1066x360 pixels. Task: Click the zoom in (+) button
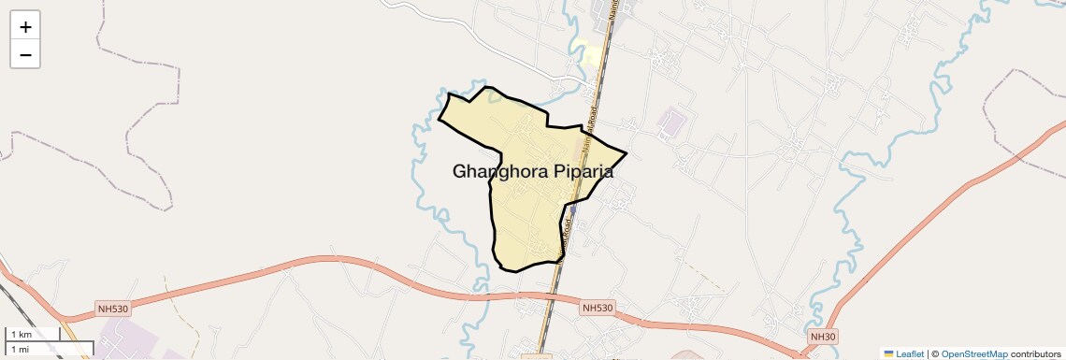point(25,27)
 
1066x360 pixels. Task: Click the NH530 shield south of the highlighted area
point(598,307)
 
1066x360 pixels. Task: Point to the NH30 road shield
point(822,337)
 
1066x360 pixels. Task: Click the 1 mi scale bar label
point(21,349)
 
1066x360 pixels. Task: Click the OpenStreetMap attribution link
point(974,353)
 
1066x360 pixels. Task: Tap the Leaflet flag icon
point(888,353)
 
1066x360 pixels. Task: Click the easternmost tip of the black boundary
point(626,152)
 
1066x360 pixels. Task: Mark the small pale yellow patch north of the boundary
point(591,57)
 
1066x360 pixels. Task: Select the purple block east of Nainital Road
point(671,122)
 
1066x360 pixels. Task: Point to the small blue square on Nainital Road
point(572,211)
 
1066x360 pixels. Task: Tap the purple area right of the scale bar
point(126,337)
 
